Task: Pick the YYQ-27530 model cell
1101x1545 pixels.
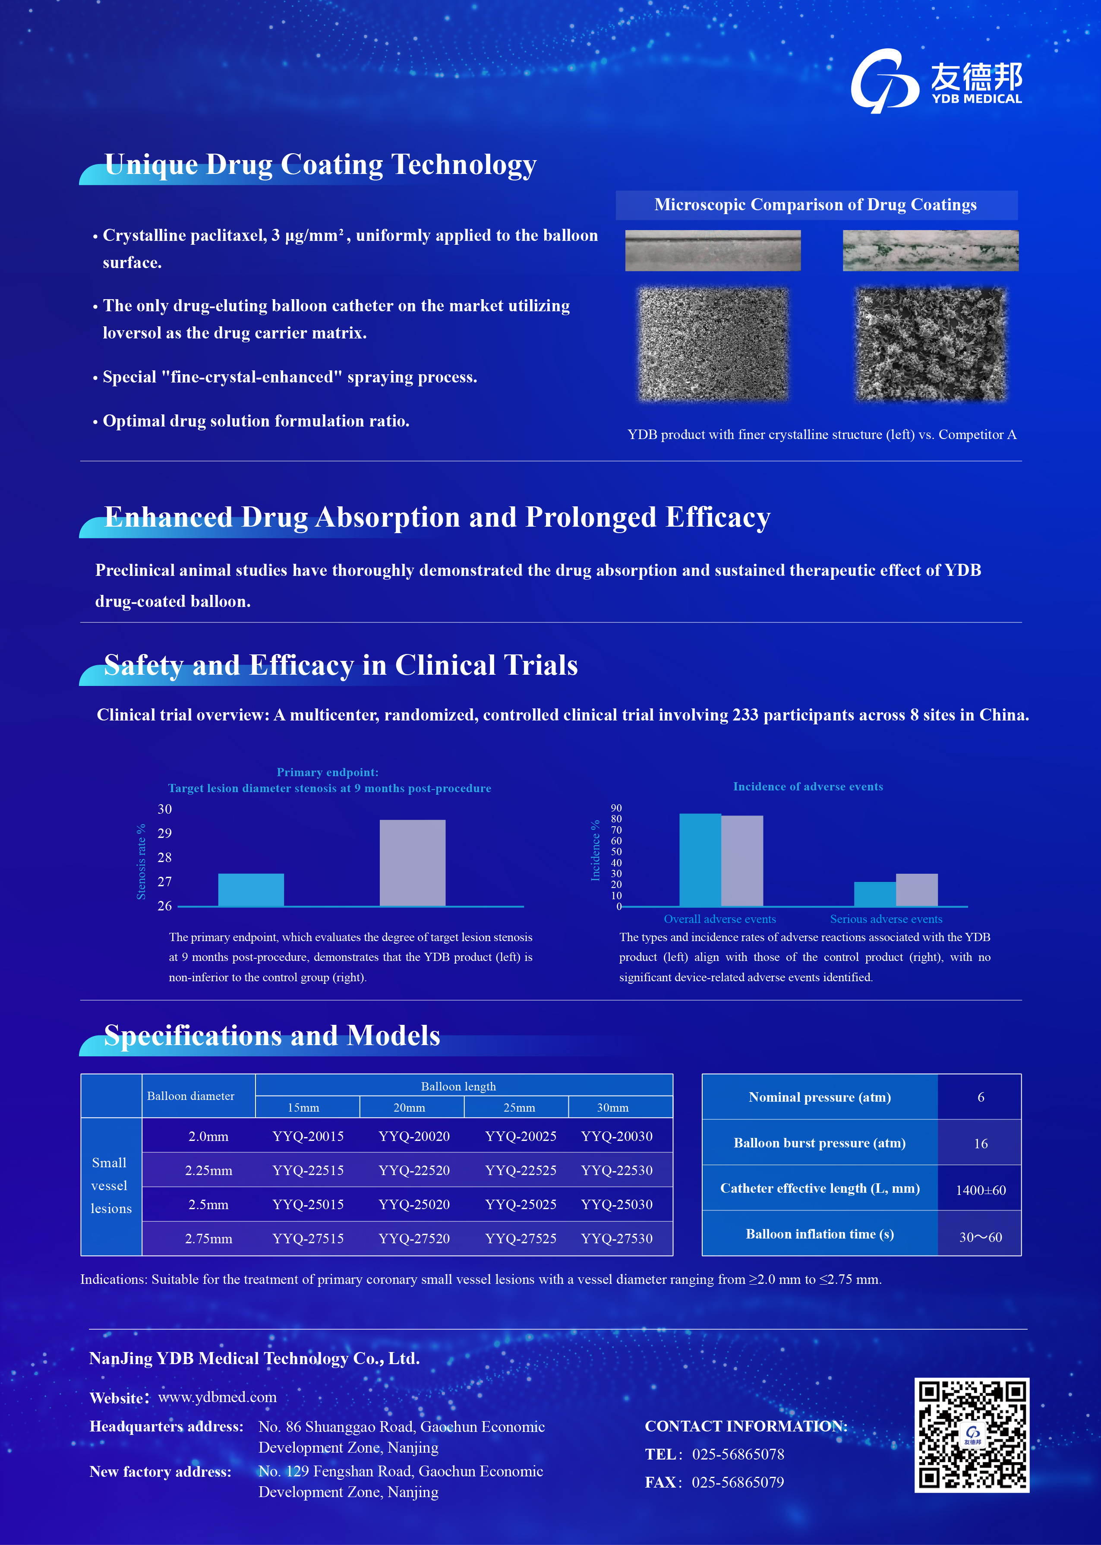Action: point(616,1239)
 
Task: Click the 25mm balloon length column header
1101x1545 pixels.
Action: point(519,1108)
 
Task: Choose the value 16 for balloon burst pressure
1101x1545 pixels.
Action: point(980,1144)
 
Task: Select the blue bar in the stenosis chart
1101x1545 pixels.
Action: point(251,889)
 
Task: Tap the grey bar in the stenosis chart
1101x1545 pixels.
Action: point(412,863)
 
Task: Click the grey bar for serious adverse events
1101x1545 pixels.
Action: point(917,889)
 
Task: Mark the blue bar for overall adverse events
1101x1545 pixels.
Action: point(700,859)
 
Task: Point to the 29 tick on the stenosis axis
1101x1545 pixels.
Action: point(165,833)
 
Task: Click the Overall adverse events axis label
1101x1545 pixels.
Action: point(719,919)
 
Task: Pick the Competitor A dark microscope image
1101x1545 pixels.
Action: point(930,344)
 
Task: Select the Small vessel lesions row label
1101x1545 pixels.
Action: point(110,1186)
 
